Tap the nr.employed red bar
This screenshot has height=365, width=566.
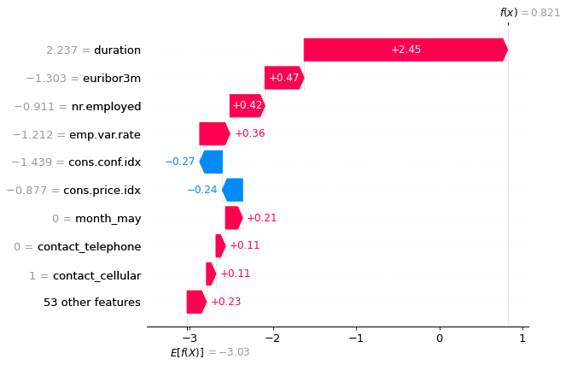click(247, 106)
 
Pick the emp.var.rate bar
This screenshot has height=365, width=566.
click(214, 134)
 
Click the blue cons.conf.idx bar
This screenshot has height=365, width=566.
click(211, 162)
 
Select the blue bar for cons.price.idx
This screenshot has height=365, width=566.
click(232, 190)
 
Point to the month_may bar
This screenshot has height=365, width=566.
click(233, 218)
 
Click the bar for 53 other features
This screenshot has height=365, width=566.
click(196, 302)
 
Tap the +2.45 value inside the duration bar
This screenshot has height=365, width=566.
click(406, 50)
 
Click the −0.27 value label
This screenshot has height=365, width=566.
click(180, 162)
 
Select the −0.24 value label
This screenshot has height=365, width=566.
click(202, 190)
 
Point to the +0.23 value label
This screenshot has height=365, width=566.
click(225, 302)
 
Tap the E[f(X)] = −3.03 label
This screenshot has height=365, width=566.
click(210, 351)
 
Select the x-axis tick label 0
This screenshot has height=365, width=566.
click(439, 337)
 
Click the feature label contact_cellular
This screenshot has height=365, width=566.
click(96, 274)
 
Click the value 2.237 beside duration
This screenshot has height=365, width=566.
click(62, 50)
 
